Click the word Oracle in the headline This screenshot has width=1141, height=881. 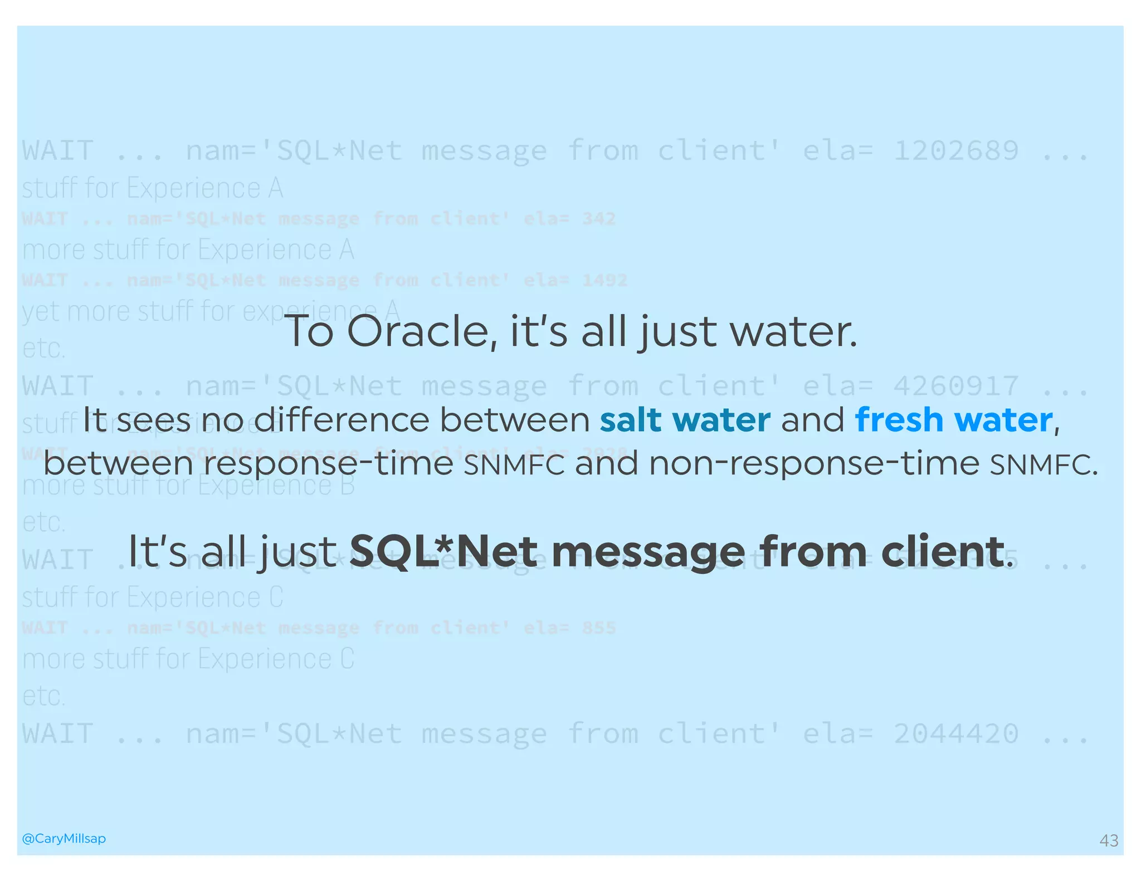[x=421, y=332]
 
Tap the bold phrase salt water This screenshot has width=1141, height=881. [x=685, y=420]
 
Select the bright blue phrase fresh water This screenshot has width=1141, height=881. [x=954, y=420]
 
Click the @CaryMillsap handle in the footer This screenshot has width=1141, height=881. [x=64, y=838]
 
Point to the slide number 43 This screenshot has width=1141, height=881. [x=1109, y=840]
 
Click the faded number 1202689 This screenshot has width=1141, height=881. [x=956, y=151]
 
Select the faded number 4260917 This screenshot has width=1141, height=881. [x=956, y=386]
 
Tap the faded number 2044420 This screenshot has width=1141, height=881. [x=956, y=734]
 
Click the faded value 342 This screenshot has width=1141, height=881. [x=599, y=219]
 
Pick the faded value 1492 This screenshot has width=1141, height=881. [x=604, y=280]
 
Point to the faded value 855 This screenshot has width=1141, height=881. [x=599, y=628]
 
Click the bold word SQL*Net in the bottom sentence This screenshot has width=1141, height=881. [x=443, y=551]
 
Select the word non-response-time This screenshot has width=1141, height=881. [x=814, y=463]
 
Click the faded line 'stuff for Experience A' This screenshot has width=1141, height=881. [x=153, y=188]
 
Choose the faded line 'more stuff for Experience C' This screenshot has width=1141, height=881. [x=188, y=659]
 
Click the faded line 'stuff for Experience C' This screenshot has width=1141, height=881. [x=153, y=598]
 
